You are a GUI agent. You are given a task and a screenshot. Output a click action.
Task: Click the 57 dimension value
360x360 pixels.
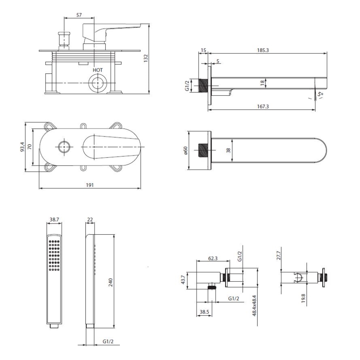(x=79, y=15)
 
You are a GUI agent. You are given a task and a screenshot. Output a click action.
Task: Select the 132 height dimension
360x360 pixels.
(x=146, y=58)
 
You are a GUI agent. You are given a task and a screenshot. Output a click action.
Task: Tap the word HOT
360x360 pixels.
(x=97, y=70)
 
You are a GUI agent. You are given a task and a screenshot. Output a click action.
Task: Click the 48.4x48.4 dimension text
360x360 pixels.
(x=254, y=306)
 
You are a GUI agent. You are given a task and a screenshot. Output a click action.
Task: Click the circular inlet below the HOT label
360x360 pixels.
(x=97, y=83)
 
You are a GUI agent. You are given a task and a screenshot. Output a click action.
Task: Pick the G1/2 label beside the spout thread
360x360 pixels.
(x=187, y=86)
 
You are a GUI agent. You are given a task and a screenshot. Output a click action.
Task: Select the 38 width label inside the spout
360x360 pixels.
(x=228, y=150)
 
